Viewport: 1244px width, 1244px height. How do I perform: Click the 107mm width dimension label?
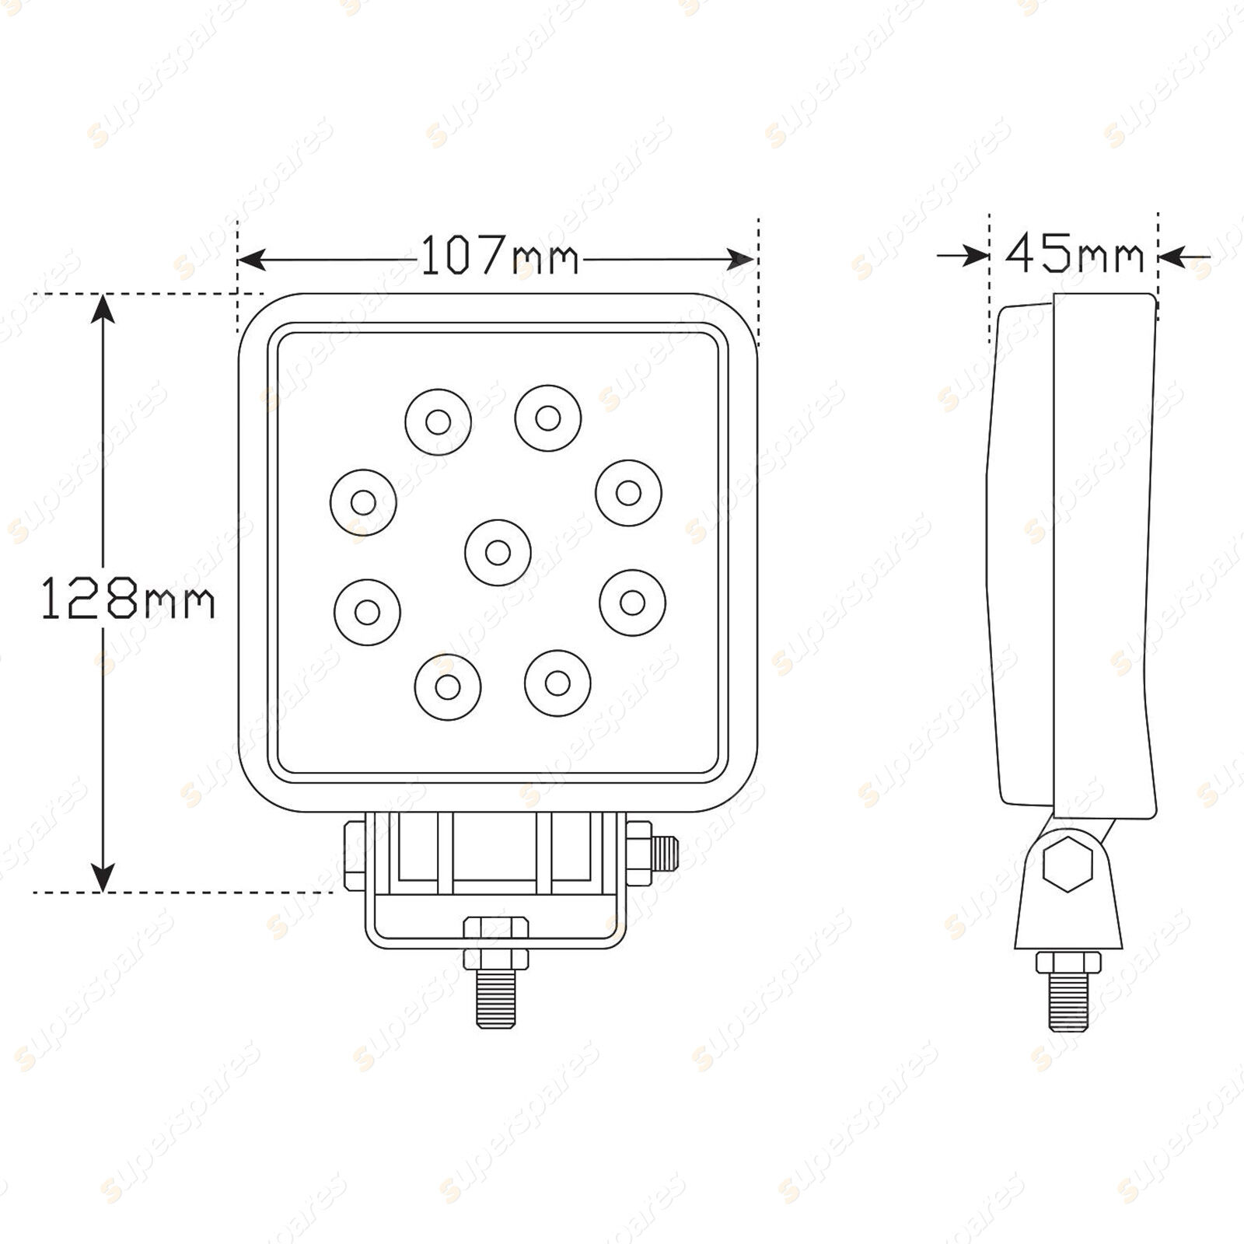click(500, 257)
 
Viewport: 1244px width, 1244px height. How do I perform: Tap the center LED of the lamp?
click(498, 553)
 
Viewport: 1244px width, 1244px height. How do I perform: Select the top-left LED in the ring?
click(438, 422)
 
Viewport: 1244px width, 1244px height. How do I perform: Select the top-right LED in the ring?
click(547, 418)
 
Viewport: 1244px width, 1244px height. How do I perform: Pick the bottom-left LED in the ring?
click(448, 687)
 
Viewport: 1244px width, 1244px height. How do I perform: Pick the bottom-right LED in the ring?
click(557, 683)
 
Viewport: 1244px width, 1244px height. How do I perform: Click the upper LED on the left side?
click(363, 502)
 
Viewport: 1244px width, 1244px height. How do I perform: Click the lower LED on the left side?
click(367, 612)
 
